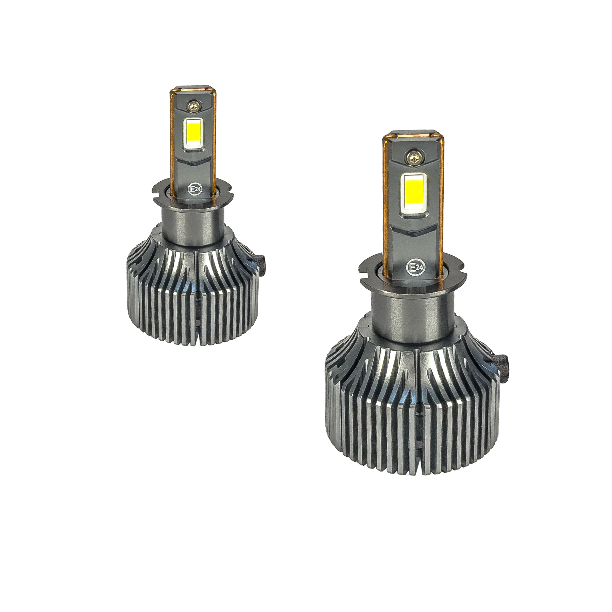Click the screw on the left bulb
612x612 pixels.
pyautogui.click(x=194, y=106)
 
